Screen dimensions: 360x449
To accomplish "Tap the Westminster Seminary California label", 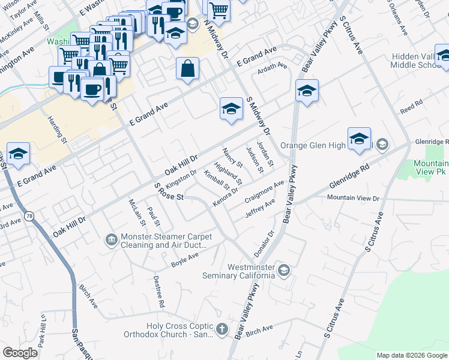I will (x=250, y=271).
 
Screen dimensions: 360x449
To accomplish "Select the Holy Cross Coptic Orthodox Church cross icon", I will (x=222, y=328).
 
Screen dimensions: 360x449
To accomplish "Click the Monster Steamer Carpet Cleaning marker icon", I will (x=112, y=240).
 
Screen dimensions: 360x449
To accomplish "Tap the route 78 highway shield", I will (x=29, y=215).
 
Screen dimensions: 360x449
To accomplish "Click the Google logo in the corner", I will (x=20, y=352).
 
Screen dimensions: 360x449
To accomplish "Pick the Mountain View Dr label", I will (x=354, y=197).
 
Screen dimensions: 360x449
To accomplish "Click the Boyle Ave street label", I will (x=184, y=260).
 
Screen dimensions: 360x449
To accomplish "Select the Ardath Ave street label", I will (x=273, y=67).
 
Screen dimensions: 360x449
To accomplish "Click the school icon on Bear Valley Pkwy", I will (x=307, y=91).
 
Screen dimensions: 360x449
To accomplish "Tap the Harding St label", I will (x=59, y=130).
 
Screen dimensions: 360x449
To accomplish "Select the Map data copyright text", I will (x=412, y=355).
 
